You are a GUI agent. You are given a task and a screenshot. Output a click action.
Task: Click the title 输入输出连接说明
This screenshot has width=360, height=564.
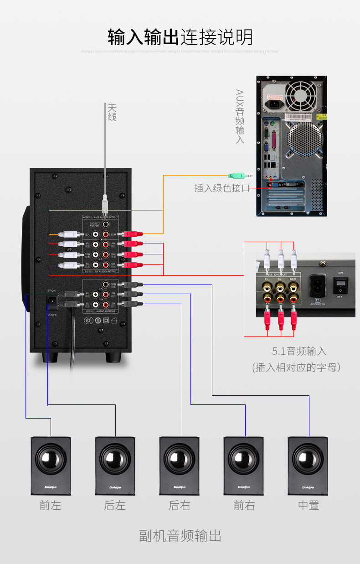(x=180, y=37)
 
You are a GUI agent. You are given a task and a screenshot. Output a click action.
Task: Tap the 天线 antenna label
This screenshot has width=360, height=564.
(x=112, y=112)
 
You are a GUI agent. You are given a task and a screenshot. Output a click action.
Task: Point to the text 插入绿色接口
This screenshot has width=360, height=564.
(x=222, y=188)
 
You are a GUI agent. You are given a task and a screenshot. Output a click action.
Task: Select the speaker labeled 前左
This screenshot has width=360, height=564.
(x=51, y=465)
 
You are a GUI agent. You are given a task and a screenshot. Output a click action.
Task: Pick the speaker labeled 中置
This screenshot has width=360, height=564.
(x=308, y=465)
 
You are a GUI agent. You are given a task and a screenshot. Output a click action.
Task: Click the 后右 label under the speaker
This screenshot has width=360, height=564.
(x=179, y=505)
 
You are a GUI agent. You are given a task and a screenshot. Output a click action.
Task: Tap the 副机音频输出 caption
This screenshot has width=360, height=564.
(x=180, y=536)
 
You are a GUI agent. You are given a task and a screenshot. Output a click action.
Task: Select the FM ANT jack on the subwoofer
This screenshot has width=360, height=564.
(x=106, y=224)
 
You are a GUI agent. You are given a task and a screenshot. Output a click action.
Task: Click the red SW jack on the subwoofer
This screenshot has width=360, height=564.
(x=106, y=254)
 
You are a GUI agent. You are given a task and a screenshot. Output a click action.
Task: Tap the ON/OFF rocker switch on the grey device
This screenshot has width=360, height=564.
(x=340, y=285)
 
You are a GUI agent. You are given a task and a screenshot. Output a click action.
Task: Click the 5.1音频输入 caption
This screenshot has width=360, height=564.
(x=299, y=351)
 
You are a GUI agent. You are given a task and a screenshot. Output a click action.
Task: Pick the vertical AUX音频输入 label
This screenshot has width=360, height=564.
(x=240, y=116)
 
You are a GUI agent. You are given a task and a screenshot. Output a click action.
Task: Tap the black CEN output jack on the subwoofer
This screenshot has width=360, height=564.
(x=106, y=285)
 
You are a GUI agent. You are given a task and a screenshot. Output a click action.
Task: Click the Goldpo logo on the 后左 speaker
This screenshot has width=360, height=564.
(x=115, y=487)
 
